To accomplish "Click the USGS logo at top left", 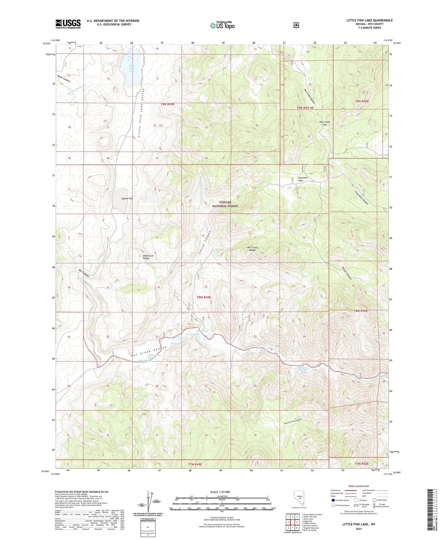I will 68,24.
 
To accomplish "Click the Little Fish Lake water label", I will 132,68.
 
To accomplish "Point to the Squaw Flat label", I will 127,198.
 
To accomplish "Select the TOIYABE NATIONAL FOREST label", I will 225,204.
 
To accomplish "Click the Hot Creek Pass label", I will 325,123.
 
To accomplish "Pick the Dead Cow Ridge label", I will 148,257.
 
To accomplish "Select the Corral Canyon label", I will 204,243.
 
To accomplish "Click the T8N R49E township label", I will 204,297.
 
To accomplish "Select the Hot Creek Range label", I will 252,249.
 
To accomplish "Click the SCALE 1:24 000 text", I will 220,492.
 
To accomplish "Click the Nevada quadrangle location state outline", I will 298,498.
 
